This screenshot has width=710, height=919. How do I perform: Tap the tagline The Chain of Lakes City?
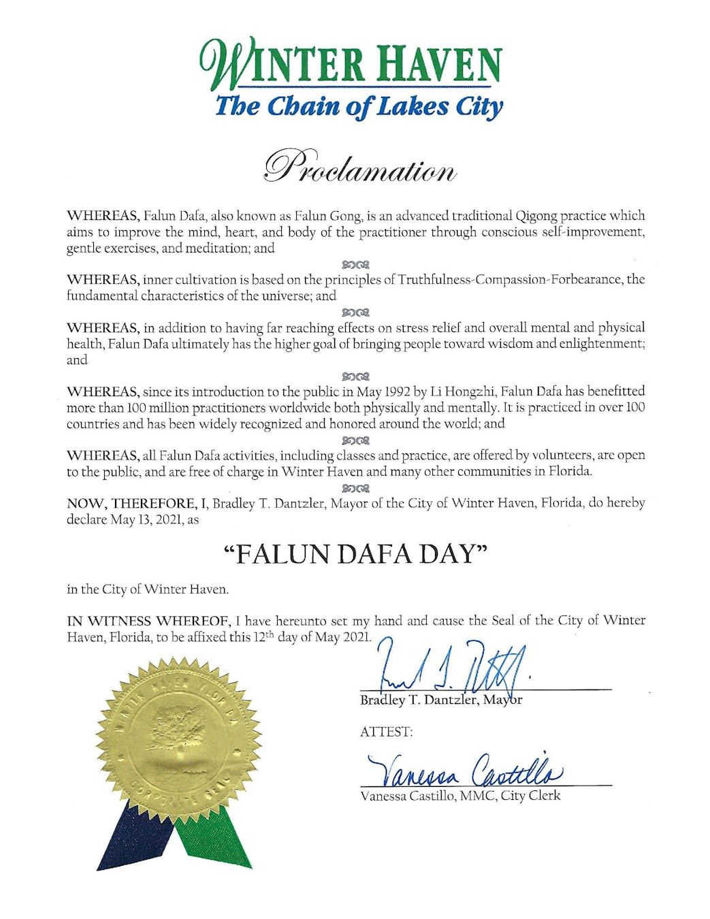pyautogui.click(x=359, y=108)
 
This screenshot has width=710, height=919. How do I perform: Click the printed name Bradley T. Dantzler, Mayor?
pyautogui.click(x=441, y=700)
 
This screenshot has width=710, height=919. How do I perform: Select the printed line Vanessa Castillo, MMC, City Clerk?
pyautogui.click(x=460, y=795)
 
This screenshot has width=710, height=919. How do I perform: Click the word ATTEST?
pyautogui.click(x=386, y=732)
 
